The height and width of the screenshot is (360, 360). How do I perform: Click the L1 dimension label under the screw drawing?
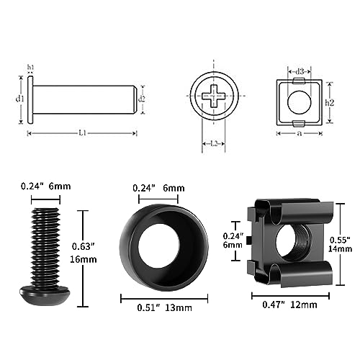point(83,132)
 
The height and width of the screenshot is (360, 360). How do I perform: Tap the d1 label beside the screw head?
point(20,98)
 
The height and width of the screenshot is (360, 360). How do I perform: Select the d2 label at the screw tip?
point(142,99)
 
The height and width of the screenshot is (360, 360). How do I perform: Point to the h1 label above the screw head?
point(30,67)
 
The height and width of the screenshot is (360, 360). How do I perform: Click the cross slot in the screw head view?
point(213,96)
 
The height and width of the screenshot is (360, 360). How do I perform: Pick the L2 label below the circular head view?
point(214,143)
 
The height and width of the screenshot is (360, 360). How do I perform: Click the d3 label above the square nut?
point(300,71)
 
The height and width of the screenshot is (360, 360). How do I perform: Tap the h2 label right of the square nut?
point(330,102)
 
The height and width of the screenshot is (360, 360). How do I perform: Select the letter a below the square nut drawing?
point(300,133)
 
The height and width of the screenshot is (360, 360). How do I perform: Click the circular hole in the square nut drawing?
point(300,102)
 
